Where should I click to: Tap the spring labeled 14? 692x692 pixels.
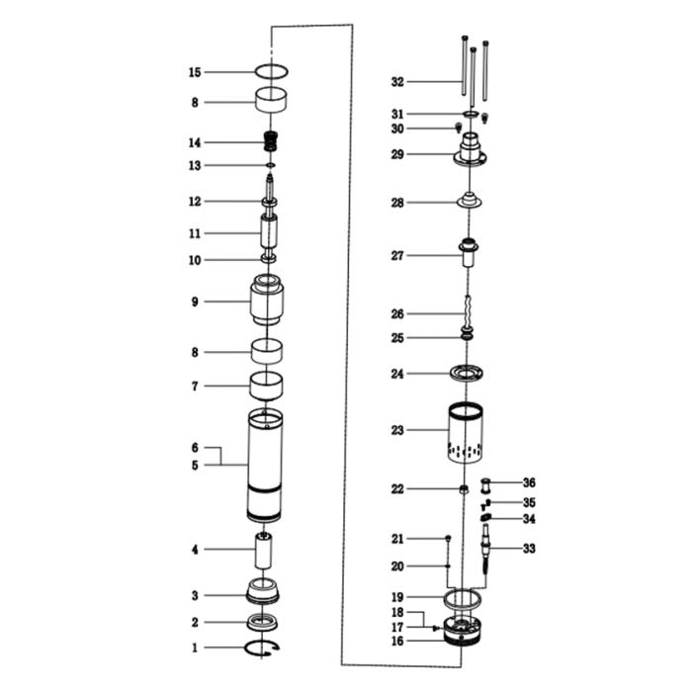point(271,141)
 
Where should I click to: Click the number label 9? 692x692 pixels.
point(195,302)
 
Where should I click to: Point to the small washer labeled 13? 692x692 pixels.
point(271,165)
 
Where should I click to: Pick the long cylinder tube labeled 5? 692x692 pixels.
point(265,466)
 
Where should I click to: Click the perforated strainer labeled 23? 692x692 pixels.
point(466,433)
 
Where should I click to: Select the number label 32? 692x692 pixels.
point(397,82)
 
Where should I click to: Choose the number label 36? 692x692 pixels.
point(529,482)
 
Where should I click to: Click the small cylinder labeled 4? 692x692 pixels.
point(264,551)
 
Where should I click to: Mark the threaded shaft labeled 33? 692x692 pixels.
point(486,550)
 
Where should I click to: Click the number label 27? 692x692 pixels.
point(397,255)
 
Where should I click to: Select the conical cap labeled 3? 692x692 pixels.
point(263,590)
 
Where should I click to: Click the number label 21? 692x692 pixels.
point(397,539)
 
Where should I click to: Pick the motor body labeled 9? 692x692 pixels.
point(267,300)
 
